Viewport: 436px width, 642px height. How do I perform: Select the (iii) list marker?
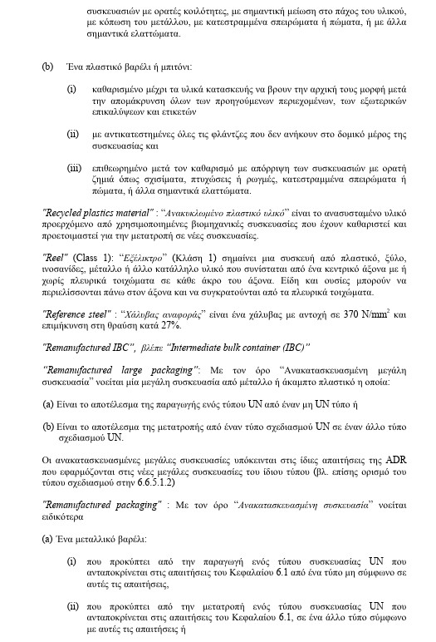[x=75, y=168]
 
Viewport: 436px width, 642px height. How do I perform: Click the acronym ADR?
[x=371, y=459]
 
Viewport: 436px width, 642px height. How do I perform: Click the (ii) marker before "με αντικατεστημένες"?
[x=74, y=133]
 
